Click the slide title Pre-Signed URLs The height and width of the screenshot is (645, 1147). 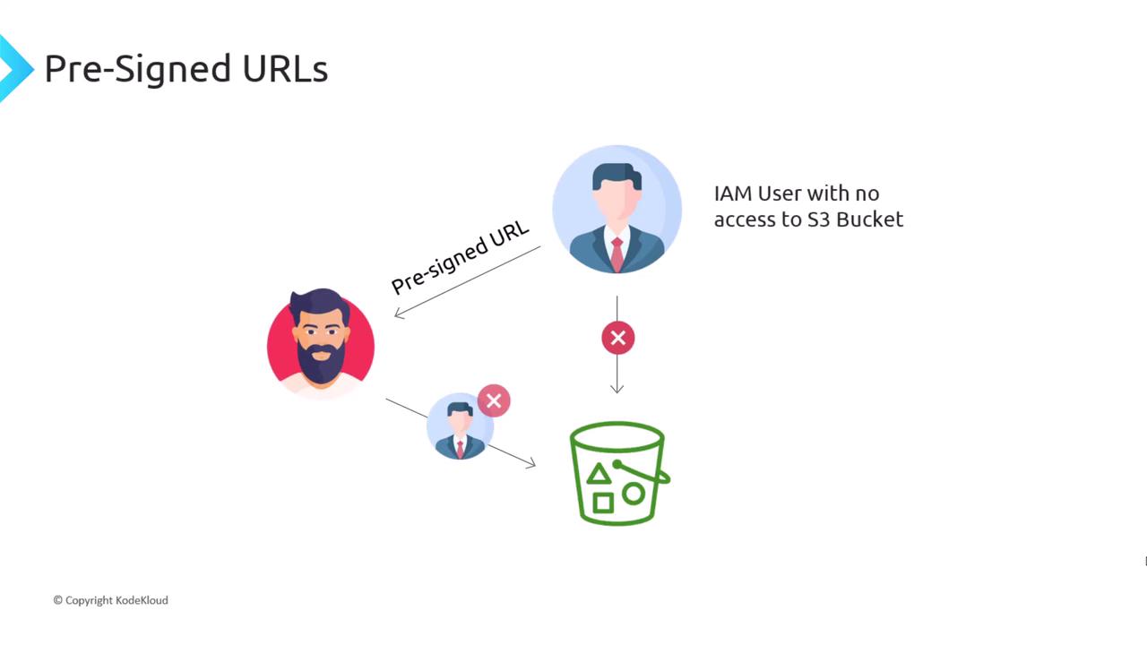point(185,68)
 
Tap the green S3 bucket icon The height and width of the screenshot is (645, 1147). point(617,472)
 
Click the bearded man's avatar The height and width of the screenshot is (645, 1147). point(321,343)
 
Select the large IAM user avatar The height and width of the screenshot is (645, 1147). point(617,210)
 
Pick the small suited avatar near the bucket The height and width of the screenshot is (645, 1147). point(460,426)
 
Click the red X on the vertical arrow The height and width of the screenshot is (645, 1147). point(617,338)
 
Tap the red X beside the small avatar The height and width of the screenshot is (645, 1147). point(494,400)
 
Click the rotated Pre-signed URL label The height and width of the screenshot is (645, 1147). point(461,257)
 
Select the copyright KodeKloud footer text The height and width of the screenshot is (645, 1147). point(110,600)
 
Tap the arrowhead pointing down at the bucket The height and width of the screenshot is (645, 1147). point(617,389)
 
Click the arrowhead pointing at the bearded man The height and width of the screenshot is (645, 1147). point(400,313)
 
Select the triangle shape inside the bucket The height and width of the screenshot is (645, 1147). point(599,474)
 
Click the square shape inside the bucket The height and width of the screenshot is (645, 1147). point(603,503)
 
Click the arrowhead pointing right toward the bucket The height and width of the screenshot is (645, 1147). point(530,463)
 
